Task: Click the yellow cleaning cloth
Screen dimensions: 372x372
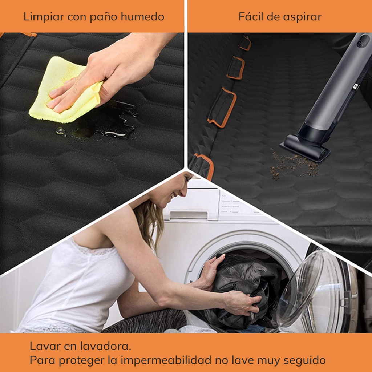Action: (64, 93)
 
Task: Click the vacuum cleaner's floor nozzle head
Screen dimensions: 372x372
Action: (305, 148)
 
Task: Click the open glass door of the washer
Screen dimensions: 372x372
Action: (313, 292)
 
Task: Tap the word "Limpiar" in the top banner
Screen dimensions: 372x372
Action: (44, 17)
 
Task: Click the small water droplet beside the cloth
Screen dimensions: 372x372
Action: (60, 131)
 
